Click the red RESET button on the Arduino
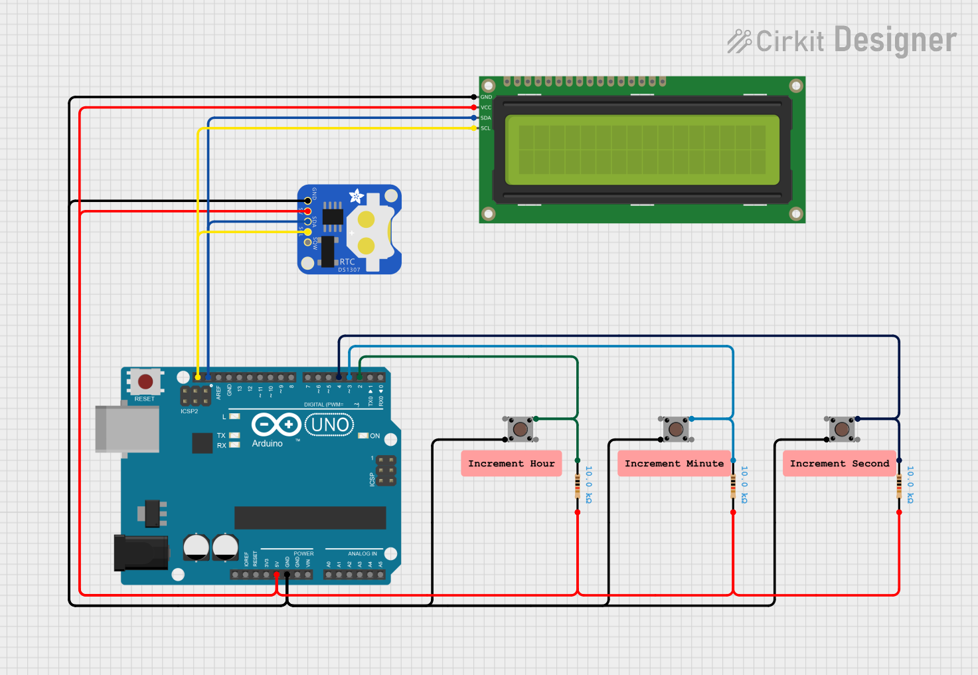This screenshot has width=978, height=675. pyautogui.click(x=145, y=381)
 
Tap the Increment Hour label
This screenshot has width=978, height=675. pyautogui.click(x=511, y=463)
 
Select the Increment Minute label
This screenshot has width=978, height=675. pyautogui.click(x=674, y=463)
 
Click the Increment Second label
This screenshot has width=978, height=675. pyautogui.click(x=839, y=463)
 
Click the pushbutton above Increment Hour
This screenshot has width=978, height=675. pyautogui.click(x=521, y=429)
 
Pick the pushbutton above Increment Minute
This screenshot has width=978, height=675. pyautogui.click(x=676, y=429)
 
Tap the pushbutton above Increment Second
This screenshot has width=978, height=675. pyautogui.click(x=842, y=429)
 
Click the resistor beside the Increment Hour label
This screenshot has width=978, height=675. pyautogui.click(x=578, y=486)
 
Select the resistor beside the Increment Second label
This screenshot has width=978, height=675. pyautogui.click(x=899, y=486)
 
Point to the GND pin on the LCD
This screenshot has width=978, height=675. pyautogui.click(x=474, y=97)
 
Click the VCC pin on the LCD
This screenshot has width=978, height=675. pyautogui.click(x=474, y=108)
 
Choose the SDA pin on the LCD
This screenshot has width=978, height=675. pyautogui.click(x=474, y=118)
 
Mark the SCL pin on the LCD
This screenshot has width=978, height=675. pyautogui.click(x=474, y=128)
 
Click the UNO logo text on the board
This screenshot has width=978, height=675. pyautogui.click(x=329, y=425)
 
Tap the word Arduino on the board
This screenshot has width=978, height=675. pyautogui.click(x=267, y=443)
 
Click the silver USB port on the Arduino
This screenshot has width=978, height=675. pyautogui.click(x=126, y=429)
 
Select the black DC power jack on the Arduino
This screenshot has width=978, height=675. pyautogui.click(x=141, y=552)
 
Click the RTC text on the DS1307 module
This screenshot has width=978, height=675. pyautogui.click(x=347, y=262)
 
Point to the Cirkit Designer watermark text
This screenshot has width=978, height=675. pyautogui.click(x=842, y=41)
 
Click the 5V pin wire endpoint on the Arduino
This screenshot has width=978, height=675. pyautogui.click(x=277, y=575)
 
